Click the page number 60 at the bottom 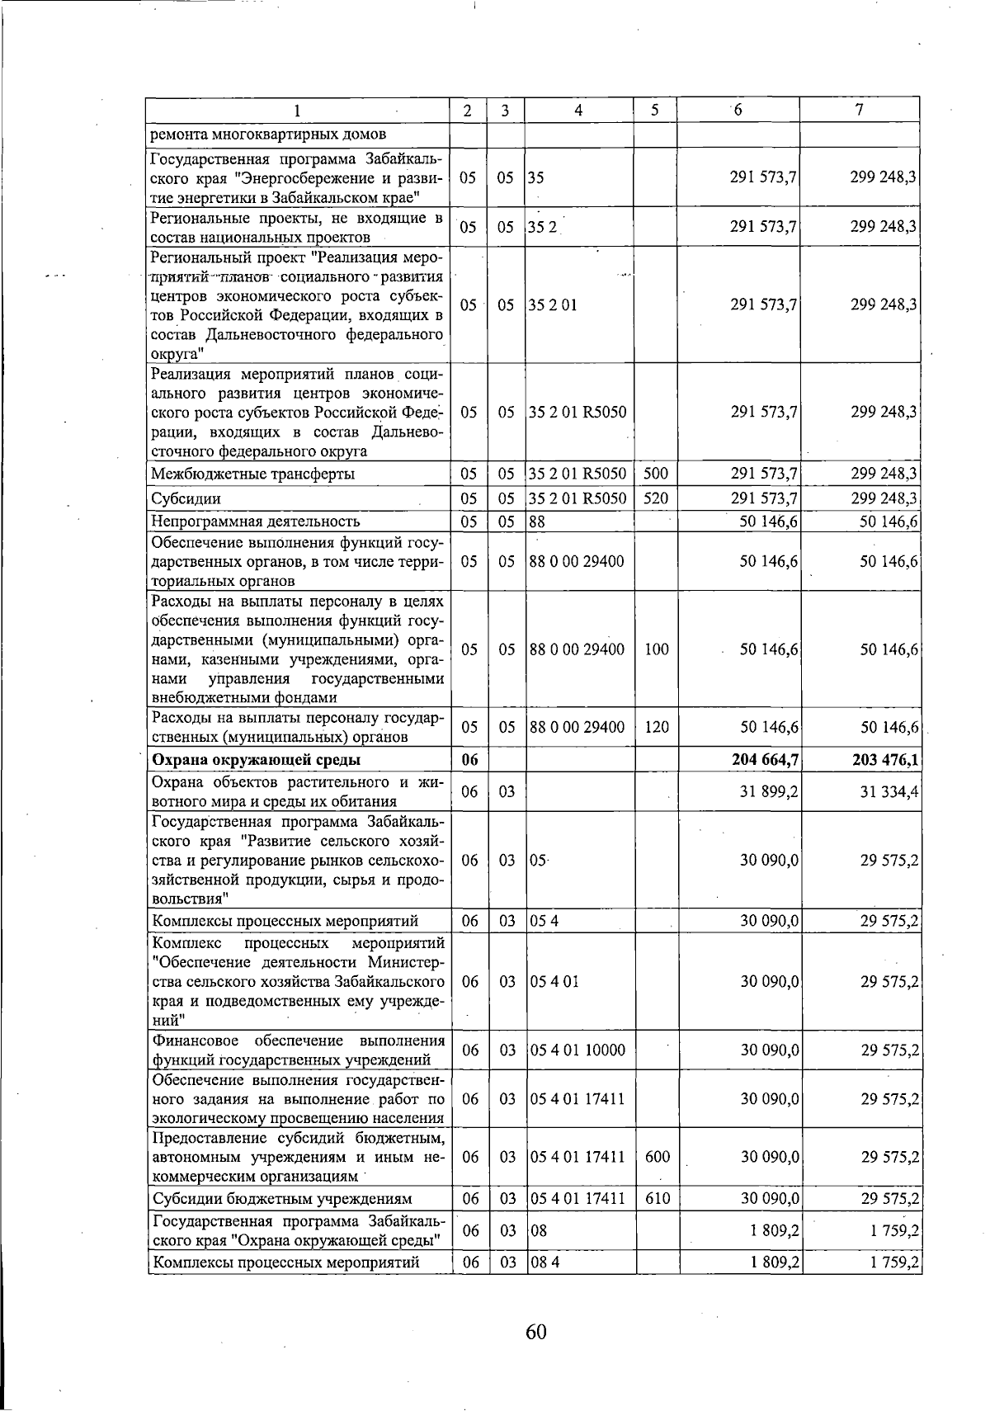pos(536,1331)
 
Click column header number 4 pos(579,111)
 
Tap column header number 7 pos(860,111)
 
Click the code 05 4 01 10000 pos(577,1050)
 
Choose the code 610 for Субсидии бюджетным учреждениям pos(657,1198)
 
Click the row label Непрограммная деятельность pos(255,521)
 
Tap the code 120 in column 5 pos(657,727)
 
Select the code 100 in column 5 pos(657,649)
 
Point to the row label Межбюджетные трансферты pos(252,474)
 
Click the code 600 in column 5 pos(657,1158)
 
